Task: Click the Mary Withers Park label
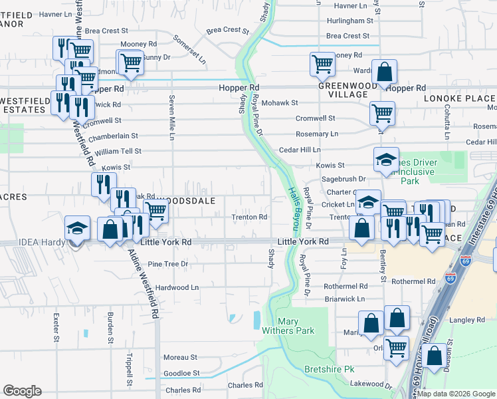coord(296,326)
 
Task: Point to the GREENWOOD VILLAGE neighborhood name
coord(342,90)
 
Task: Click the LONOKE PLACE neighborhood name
coord(459,98)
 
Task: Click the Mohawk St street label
coord(279,103)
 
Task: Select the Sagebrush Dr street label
coord(343,179)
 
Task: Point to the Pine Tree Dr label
coord(169,264)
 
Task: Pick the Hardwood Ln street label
coord(177,287)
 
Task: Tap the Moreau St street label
coord(181,357)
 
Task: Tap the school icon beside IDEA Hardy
coord(77,227)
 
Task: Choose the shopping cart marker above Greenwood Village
coord(322,65)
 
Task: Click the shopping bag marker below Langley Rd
coord(435,356)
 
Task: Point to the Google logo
coord(22,391)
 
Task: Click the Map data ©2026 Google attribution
coord(456,394)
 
